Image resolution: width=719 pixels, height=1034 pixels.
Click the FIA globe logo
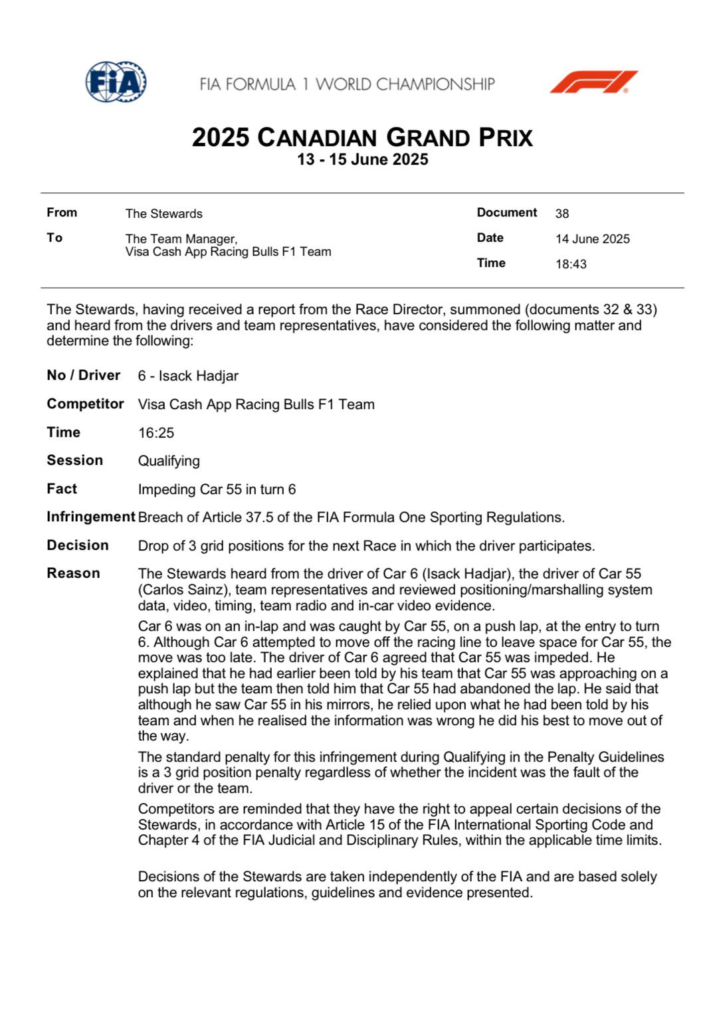pyautogui.click(x=116, y=82)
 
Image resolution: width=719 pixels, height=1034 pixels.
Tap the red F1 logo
pyautogui.click(x=593, y=82)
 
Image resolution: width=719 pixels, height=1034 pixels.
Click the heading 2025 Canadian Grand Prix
pyautogui.click(x=362, y=137)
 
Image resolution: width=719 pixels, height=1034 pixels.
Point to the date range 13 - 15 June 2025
pyautogui.click(x=362, y=159)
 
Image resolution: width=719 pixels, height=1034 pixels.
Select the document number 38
pyautogui.click(x=562, y=214)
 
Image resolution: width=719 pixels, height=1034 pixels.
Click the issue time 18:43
pyautogui.click(x=571, y=264)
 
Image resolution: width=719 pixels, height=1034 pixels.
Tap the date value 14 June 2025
pyautogui.click(x=592, y=239)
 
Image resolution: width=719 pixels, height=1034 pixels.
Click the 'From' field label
pyautogui.click(x=62, y=213)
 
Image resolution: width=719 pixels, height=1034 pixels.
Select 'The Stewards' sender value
pyautogui.click(x=163, y=214)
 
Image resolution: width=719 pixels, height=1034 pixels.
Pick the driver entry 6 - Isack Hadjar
pyautogui.click(x=188, y=376)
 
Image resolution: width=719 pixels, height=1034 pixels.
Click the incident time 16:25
pyautogui.click(x=156, y=433)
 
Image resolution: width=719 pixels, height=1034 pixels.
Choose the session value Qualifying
pyautogui.click(x=169, y=461)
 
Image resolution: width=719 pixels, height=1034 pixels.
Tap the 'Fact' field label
pyautogui.click(x=62, y=489)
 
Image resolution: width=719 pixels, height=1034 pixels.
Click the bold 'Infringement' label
pyautogui.click(x=90, y=517)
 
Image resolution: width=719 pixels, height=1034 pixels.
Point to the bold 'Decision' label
pyautogui.click(x=77, y=545)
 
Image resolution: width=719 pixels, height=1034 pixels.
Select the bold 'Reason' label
pyautogui.click(x=73, y=573)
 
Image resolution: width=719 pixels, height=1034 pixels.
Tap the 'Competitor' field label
pyautogui.click(x=85, y=404)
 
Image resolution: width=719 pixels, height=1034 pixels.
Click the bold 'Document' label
pyautogui.click(x=506, y=213)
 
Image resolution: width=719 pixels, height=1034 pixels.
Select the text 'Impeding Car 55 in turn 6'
pyautogui.click(x=217, y=489)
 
